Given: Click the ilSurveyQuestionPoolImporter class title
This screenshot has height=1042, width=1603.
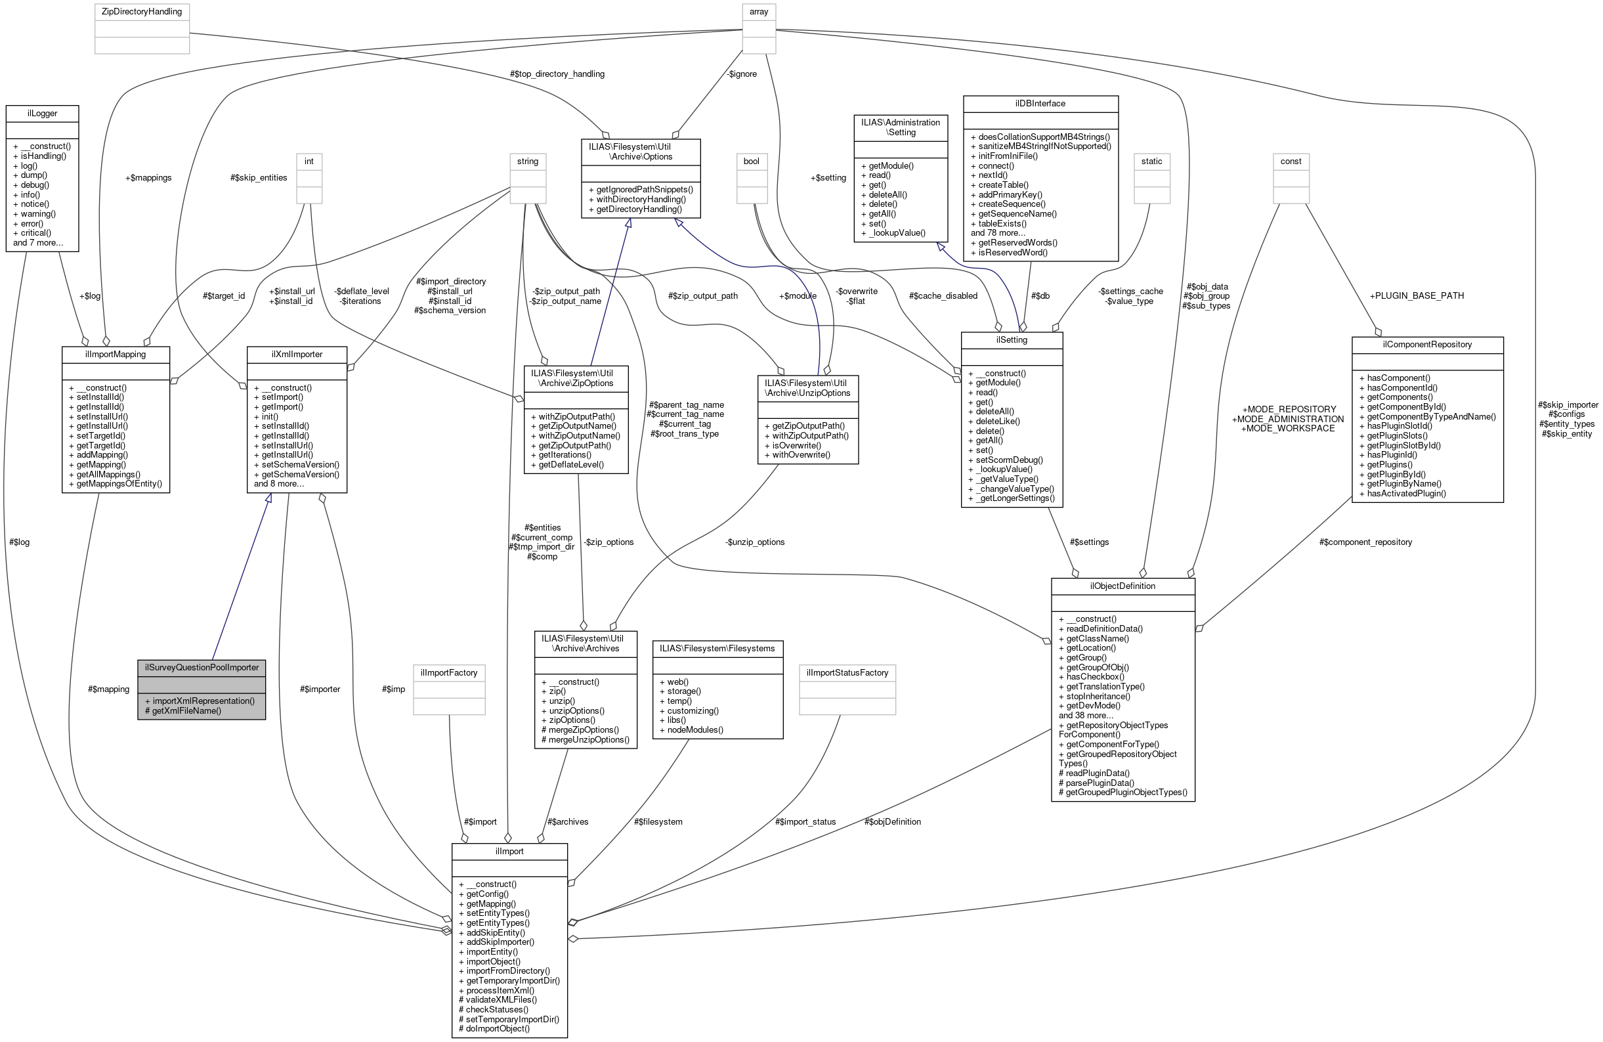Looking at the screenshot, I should point(202,668).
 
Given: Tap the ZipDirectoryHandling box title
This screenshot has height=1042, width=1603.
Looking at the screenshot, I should point(141,11).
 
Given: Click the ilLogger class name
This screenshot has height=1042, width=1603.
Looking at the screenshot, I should point(42,113).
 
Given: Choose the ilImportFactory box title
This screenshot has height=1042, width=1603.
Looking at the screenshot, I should point(448,672).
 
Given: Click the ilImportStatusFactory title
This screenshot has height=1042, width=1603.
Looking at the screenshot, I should point(847,672).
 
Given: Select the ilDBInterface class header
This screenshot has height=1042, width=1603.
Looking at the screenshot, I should point(1040,103).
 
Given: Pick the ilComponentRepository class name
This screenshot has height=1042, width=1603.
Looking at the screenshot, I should point(1426,344).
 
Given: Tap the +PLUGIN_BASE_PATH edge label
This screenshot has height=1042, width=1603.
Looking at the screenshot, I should point(1416,295).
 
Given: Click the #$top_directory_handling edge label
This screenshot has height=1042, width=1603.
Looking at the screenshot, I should point(557,74).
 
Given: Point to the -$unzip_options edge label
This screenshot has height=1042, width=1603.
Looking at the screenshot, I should point(755,542).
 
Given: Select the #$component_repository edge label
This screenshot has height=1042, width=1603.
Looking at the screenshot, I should point(1365,542).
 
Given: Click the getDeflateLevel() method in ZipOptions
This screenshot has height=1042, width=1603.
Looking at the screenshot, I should point(570,464).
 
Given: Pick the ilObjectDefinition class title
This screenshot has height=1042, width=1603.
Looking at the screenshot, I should point(1122,586).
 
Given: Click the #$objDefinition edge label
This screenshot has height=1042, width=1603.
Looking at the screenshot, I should point(893,822).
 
